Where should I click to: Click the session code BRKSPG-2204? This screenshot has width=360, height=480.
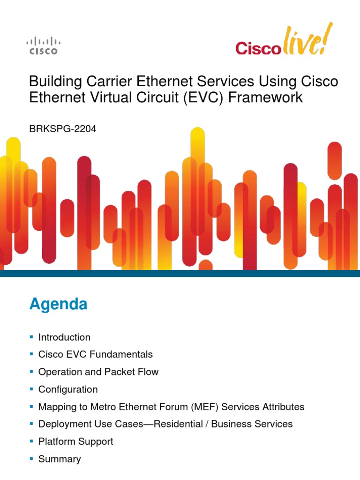(x=63, y=129)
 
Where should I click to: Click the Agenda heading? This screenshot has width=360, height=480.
(x=58, y=305)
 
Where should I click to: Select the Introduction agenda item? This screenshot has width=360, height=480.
(x=64, y=337)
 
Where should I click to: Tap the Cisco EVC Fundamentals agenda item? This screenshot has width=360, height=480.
(x=95, y=355)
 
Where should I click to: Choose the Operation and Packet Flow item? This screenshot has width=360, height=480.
(x=98, y=372)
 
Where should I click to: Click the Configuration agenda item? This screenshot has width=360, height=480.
(x=68, y=390)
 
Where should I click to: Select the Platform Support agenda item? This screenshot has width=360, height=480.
(x=75, y=442)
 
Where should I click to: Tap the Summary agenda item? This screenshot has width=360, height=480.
(x=60, y=459)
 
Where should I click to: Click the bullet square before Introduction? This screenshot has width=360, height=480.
(x=31, y=337)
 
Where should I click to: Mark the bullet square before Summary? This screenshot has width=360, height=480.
(x=31, y=458)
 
